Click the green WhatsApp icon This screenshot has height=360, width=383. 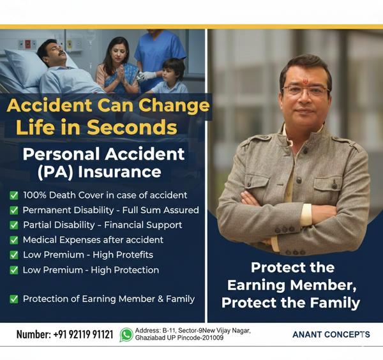126,334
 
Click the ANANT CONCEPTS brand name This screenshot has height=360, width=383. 331,334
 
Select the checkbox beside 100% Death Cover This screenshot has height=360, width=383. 13,195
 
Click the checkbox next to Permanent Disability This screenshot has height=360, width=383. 13,210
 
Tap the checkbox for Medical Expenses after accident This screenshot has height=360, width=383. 13,240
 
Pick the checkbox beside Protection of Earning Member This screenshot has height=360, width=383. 13,299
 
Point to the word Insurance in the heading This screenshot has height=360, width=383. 125,172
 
